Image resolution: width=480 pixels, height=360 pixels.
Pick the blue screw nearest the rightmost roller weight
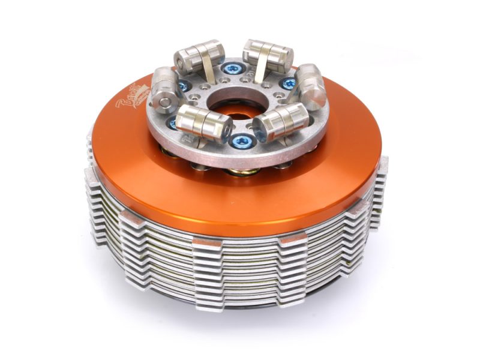point(289,84)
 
